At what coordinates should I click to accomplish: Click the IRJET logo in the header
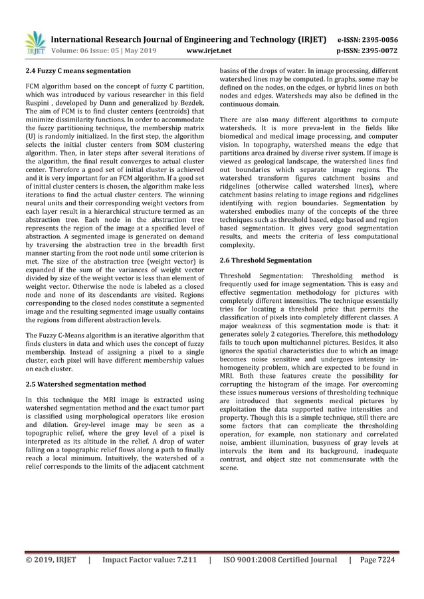point(35,43)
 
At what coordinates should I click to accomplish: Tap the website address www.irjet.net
point(209,50)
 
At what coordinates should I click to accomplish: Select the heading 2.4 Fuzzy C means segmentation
point(77,70)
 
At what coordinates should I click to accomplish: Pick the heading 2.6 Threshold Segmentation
point(265,260)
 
